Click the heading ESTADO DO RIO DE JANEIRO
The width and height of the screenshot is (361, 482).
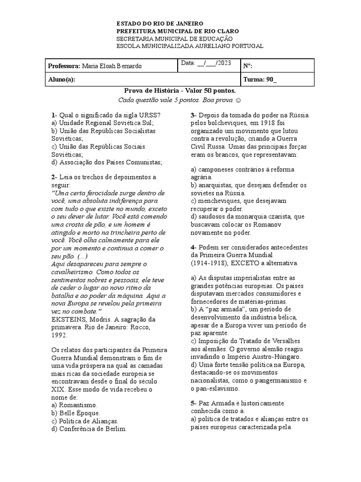point(160,23)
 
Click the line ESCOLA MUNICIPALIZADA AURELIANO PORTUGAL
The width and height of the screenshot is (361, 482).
point(190,46)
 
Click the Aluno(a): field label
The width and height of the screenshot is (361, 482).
point(62,80)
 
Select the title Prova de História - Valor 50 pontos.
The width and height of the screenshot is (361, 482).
point(180,90)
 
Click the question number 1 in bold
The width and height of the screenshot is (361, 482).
point(53,115)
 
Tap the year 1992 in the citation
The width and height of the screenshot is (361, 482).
point(59,335)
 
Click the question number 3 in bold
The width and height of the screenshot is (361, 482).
point(193,115)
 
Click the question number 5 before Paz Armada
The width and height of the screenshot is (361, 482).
point(193,403)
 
